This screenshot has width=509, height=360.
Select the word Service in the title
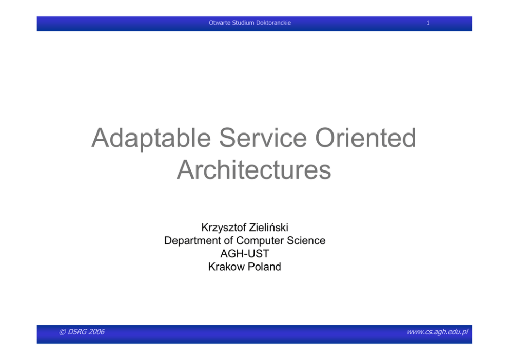tap(263, 138)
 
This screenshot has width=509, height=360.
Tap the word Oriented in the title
tap(365, 138)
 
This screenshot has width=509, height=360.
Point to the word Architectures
tap(254, 169)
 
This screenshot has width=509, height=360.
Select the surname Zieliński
tap(267, 228)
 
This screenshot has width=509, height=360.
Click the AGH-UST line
tap(245, 253)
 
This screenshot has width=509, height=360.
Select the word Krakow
tap(226, 267)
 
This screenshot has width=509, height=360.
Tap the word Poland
tap(264, 267)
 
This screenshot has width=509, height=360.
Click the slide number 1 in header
tap(428, 23)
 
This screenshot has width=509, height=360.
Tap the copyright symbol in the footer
tap(62, 332)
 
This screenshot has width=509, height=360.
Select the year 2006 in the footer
tap(96, 332)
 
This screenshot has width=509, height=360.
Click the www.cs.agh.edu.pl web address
tap(438, 332)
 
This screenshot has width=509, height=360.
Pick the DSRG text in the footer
tap(77, 332)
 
